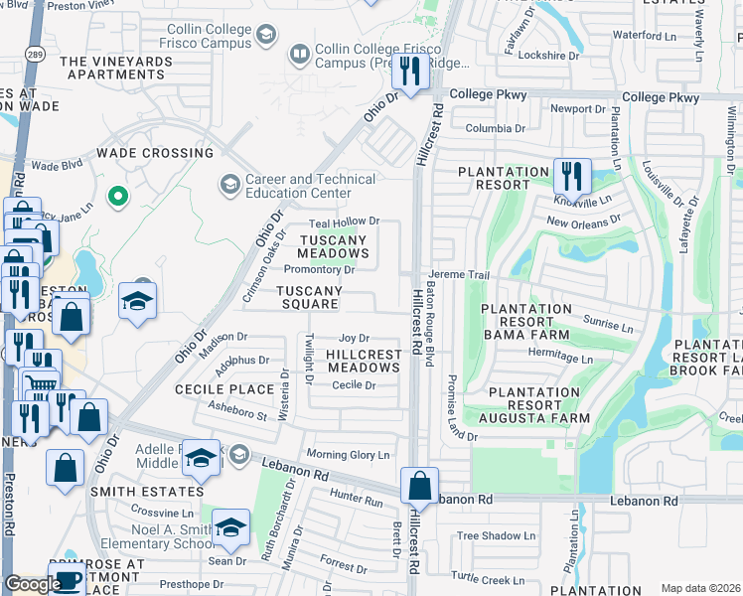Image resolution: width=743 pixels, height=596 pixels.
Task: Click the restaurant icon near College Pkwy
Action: pos(409,72)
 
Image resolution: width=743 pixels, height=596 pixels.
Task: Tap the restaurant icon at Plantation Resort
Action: pos(571,176)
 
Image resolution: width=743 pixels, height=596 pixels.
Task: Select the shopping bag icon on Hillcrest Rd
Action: pos(419,487)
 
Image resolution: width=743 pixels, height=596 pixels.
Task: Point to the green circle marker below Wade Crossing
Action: pos(118,197)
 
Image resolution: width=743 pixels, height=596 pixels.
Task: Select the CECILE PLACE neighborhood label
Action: pos(223,389)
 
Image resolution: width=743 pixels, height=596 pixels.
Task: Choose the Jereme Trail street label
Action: pos(460,274)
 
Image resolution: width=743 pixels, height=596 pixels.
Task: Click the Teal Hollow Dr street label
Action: pos(345,222)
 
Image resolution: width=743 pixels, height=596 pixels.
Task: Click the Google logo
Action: pos(33,584)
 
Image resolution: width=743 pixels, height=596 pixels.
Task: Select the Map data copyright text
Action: pos(700,588)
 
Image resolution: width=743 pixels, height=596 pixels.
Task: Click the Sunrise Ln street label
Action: pos(609,326)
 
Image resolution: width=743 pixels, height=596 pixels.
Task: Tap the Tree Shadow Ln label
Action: pos(496,535)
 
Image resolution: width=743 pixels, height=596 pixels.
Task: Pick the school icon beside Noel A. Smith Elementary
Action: pos(230,528)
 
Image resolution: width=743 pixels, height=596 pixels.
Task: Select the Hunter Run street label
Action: pos(357,503)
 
